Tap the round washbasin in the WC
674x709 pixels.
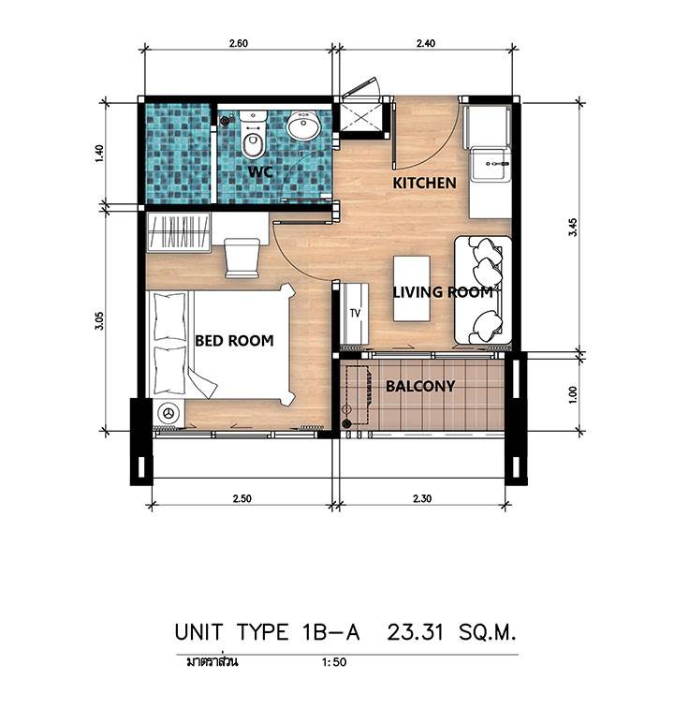point(304,125)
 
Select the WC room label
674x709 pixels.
point(260,172)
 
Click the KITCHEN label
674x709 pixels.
point(424,184)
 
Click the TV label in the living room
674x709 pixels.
point(356,313)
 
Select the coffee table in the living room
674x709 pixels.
point(411,288)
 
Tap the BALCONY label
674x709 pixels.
point(420,386)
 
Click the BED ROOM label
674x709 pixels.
point(234,341)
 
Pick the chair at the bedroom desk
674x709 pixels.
point(242,258)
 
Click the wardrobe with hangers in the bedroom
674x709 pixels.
point(179,232)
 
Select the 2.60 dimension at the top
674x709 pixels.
point(238,43)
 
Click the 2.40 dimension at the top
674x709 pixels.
point(425,43)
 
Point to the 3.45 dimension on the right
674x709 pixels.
point(573,227)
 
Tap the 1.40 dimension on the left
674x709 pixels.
point(100,154)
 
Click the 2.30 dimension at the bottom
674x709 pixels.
point(422,499)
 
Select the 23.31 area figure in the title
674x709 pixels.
point(416,631)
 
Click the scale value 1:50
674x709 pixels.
point(334,662)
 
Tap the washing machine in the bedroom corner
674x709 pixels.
point(168,413)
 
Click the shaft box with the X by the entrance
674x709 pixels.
point(360,117)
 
